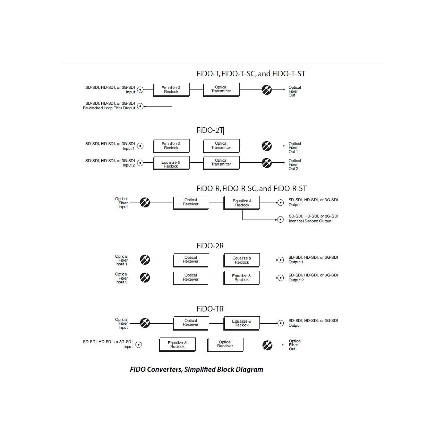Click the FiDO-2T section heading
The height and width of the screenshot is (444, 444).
tap(210, 130)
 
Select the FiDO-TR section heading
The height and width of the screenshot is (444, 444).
tap(210, 309)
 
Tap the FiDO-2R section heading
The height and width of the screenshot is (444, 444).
tap(210, 246)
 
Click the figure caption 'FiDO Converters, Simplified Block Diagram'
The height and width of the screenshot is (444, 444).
tap(197, 369)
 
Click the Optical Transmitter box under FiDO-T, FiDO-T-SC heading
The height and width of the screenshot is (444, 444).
tap(221, 89)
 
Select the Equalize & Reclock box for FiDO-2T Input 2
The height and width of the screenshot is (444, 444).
tap(171, 163)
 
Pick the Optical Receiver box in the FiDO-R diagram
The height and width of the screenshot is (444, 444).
tap(191, 203)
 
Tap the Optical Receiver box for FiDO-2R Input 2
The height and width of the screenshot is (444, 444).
tap(191, 277)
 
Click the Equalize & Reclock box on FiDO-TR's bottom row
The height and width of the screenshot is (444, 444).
tap(177, 345)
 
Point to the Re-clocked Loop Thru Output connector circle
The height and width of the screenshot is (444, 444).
tap(140, 106)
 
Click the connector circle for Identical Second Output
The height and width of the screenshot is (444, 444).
tap(280, 219)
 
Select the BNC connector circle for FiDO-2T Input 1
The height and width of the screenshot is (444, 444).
tap(140, 146)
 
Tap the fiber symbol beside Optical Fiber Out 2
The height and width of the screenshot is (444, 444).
tap(267, 163)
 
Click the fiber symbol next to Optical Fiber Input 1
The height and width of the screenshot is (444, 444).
tap(145, 260)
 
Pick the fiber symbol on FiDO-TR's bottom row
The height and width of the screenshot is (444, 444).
tap(267, 345)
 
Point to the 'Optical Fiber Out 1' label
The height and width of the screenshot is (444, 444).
tap(295, 147)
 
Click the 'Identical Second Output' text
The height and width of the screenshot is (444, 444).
tap(310, 221)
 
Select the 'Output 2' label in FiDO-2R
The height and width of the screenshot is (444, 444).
tap(296, 280)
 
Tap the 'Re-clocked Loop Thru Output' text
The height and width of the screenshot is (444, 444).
tap(109, 108)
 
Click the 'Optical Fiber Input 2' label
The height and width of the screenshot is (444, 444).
tap(121, 278)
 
